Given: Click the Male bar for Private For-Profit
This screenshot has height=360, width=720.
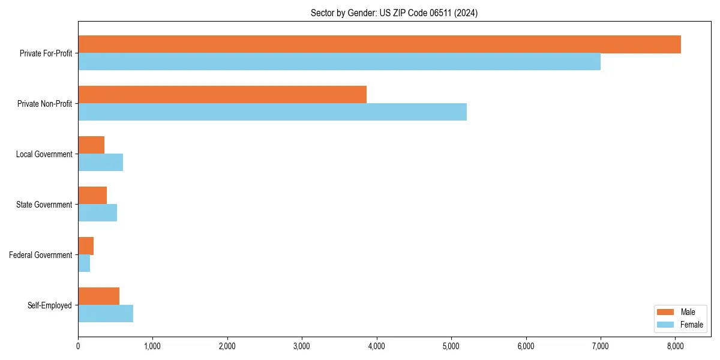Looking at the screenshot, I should pos(379,44).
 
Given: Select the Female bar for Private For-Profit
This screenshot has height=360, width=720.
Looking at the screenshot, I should pos(339,62).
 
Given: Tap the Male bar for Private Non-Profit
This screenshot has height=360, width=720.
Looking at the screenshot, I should pos(222,95).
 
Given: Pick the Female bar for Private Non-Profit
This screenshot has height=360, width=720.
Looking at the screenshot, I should pos(272,112).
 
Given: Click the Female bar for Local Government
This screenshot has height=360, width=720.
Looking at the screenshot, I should pos(100,163).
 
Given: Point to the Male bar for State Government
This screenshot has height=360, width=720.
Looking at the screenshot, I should pos(92,196).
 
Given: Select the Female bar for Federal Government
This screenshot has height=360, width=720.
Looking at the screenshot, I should pos(84,263).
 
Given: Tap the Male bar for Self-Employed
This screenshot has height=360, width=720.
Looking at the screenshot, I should pos(98,296).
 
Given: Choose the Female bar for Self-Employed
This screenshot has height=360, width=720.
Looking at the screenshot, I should pos(106,314).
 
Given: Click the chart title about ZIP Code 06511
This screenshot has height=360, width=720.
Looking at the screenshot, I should pos(394,13).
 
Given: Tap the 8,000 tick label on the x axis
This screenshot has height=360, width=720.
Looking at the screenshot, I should pos(675,346).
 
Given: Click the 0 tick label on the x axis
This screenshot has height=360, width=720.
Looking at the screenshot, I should pos(78,346).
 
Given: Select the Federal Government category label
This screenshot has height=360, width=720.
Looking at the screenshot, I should pos(41,255).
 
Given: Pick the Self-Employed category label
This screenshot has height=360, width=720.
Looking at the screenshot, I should pos(50,305).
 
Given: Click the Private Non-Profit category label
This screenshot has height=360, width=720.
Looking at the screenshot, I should pos(44,104).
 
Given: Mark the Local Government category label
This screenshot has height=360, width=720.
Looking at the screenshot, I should pos(44,154).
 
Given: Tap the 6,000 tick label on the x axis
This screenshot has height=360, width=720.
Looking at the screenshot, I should pos(526,346).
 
